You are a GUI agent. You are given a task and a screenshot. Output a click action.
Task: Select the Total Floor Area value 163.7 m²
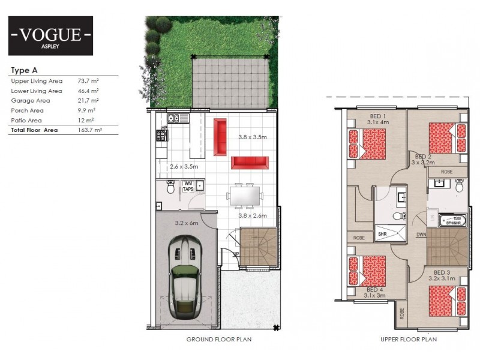(x=90, y=130)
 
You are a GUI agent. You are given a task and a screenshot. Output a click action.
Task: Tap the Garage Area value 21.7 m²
(x=88, y=101)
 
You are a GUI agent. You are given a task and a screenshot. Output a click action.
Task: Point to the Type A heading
(x=25, y=70)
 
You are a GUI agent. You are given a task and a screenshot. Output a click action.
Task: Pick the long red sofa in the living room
(x=248, y=162)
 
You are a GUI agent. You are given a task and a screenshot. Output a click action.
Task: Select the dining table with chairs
(x=244, y=196)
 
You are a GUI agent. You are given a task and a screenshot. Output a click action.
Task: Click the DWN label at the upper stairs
(x=421, y=235)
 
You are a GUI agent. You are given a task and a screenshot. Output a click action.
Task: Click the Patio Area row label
(x=26, y=120)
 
